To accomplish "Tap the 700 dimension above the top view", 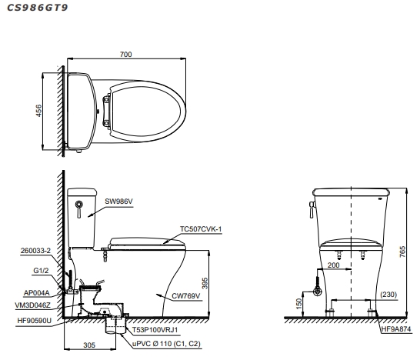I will [127, 55].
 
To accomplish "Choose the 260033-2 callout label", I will [36, 251].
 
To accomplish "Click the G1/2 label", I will [42, 271].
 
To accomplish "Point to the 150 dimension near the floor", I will [300, 305].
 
